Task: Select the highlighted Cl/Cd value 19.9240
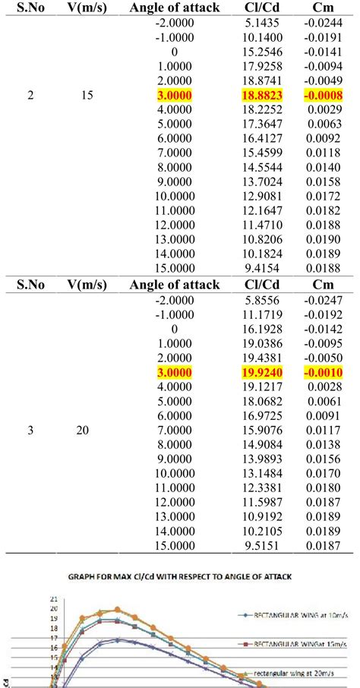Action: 262,373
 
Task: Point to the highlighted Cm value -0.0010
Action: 323,373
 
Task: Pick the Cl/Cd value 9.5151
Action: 262,547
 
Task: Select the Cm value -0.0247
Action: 323,301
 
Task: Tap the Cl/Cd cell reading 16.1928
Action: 262,330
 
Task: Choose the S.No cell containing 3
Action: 30,431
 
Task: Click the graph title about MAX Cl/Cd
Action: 180,576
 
